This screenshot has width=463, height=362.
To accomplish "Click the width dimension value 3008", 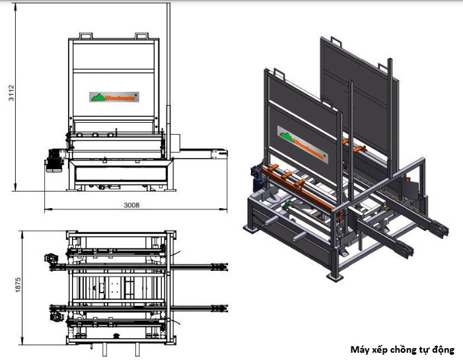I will (x=132, y=205).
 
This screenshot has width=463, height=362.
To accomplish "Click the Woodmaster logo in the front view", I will (x=114, y=96).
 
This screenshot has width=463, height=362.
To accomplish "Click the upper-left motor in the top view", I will (x=50, y=260).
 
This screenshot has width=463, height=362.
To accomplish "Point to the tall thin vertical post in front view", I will (x=168, y=66).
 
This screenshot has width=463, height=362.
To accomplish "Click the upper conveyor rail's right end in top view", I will (x=221, y=266).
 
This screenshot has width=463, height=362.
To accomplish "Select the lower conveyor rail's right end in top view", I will (x=221, y=308).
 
